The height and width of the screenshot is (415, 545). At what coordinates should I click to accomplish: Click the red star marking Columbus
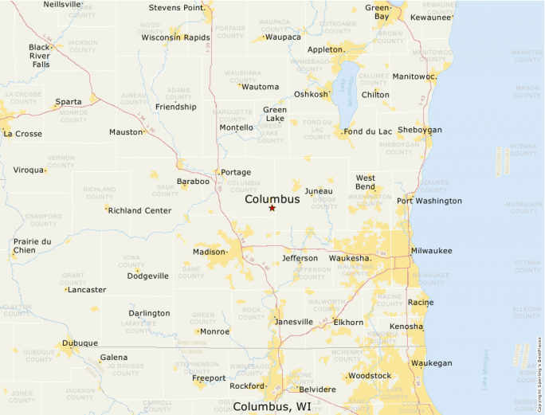[x=272, y=208]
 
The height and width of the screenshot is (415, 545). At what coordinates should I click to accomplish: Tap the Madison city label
[x=210, y=252]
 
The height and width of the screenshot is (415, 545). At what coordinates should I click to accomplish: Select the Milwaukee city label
[x=431, y=251]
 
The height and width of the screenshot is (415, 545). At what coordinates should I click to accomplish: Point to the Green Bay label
[x=378, y=11]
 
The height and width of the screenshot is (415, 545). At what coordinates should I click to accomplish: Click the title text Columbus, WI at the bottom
[x=272, y=406]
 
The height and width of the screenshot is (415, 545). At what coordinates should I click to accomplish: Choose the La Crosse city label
[x=23, y=134]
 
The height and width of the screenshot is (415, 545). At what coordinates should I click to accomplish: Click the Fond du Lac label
[x=368, y=131]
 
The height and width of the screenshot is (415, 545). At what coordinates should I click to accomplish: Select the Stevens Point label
[x=177, y=9]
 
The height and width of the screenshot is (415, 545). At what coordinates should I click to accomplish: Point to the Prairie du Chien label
[x=32, y=246]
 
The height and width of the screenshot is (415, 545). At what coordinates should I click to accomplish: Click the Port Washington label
[x=429, y=201]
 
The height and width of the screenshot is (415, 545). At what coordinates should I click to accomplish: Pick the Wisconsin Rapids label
[x=175, y=37]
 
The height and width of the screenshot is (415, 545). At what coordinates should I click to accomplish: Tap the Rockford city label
[x=245, y=386]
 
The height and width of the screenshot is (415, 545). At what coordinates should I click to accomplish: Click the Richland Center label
[x=139, y=210]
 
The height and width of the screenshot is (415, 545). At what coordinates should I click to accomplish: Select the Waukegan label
[x=431, y=363]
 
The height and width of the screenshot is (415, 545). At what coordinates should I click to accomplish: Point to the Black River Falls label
[x=39, y=56]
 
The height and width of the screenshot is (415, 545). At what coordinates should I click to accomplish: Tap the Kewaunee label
[x=431, y=17]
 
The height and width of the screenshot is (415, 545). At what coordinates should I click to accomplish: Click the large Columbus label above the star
[x=272, y=199]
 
